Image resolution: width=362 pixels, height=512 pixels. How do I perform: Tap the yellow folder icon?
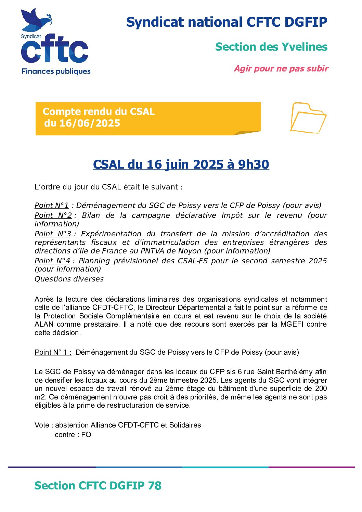(x=308, y=118)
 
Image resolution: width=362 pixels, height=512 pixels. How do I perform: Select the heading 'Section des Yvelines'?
(x=271, y=47)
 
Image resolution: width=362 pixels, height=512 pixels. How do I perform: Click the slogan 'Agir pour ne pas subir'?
(x=281, y=68)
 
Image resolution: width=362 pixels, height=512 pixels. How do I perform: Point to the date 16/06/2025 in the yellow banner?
(x=90, y=123)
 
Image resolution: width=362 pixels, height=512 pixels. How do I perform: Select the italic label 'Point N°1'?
(x=52, y=205)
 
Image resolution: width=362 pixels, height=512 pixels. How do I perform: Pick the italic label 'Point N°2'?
(x=53, y=215)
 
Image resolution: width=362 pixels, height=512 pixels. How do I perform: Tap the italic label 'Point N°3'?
(x=53, y=234)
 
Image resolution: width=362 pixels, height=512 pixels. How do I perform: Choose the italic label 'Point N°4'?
(x=52, y=261)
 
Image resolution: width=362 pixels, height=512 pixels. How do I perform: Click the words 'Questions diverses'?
(x=69, y=279)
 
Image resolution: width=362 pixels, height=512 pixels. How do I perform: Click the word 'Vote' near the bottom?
(x=42, y=425)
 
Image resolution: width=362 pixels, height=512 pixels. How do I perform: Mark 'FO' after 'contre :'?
(x=86, y=435)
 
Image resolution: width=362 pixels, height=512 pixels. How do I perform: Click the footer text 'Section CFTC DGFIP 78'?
(x=98, y=486)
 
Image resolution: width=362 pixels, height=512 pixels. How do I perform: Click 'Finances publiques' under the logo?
(x=56, y=71)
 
